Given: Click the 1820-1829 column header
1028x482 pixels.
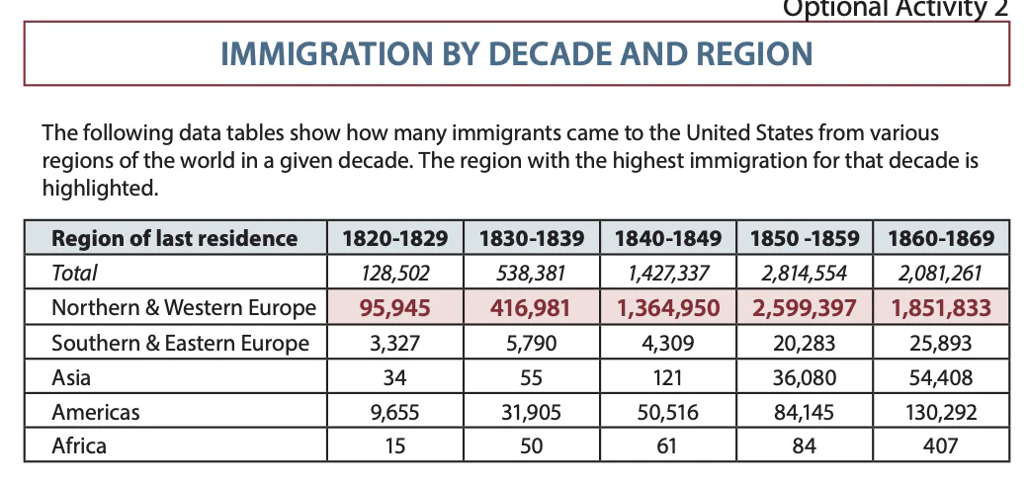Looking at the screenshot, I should (x=394, y=238).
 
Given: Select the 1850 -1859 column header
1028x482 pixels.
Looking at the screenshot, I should (x=804, y=238).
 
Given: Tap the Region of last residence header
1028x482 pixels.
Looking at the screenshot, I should (x=174, y=238).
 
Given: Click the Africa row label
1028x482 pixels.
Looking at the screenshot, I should (x=79, y=445).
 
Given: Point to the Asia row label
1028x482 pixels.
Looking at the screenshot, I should (x=70, y=377).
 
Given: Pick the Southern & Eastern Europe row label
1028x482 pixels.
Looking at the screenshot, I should (x=180, y=343).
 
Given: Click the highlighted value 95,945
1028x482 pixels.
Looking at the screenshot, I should (x=394, y=308).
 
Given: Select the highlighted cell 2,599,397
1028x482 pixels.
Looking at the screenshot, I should (x=804, y=308).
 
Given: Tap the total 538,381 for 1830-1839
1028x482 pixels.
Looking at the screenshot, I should (x=531, y=273).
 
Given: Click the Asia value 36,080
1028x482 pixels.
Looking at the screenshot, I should (x=804, y=377).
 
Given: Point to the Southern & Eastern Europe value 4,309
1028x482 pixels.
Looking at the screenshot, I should (x=667, y=343).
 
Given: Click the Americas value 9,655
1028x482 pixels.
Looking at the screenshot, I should (x=394, y=412).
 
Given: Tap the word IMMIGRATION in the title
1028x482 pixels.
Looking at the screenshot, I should (x=322, y=53).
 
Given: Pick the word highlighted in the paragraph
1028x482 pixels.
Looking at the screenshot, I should (x=99, y=187).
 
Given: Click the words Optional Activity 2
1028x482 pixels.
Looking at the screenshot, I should (x=896, y=9).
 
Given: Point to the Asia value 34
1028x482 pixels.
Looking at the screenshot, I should (x=394, y=377).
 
